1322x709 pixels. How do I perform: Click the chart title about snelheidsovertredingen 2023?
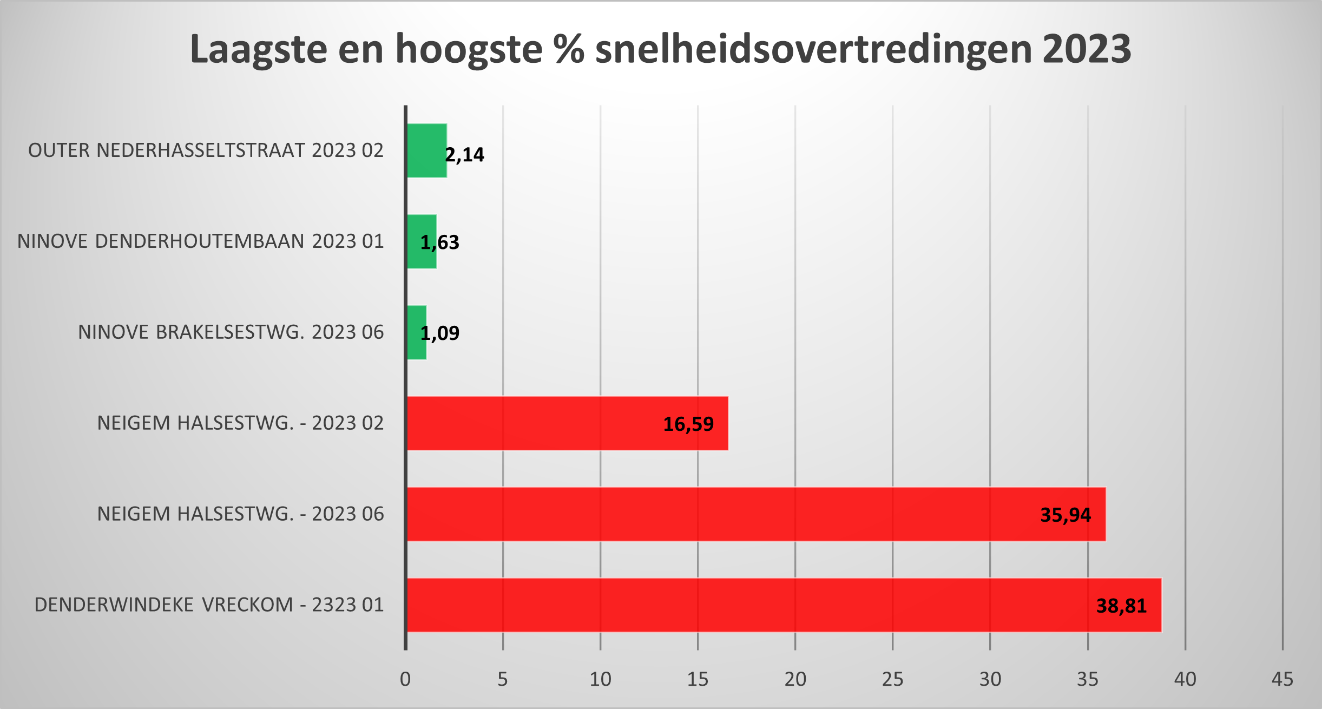pyautogui.click(x=660, y=49)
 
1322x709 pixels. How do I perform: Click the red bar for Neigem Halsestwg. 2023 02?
pyautogui.click(x=541, y=423)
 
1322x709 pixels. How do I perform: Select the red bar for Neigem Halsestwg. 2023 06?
pyautogui.click(x=703, y=514)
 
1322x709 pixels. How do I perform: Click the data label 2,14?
pyautogui.click(x=465, y=155)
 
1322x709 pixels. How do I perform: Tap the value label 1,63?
pyautogui.click(x=440, y=242)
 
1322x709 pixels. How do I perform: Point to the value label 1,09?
pyautogui.click(x=440, y=333)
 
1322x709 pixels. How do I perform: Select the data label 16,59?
pyautogui.click(x=688, y=424)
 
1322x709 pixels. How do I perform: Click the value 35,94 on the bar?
pyautogui.click(x=1066, y=515)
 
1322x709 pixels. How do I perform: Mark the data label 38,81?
pyautogui.click(x=1121, y=606)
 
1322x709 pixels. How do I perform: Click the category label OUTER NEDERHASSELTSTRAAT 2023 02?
pyautogui.click(x=206, y=150)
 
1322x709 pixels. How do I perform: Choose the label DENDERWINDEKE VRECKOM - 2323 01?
pyautogui.click(x=209, y=605)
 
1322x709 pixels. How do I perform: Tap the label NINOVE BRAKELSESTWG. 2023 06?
pyautogui.click(x=231, y=332)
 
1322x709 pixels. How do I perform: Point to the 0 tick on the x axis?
pyautogui.click(x=405, y=679)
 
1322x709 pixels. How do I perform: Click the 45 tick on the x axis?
pyautogui.click(x=1282, y=679)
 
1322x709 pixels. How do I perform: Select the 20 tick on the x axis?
pyautogui.click(x=795, y=679)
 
